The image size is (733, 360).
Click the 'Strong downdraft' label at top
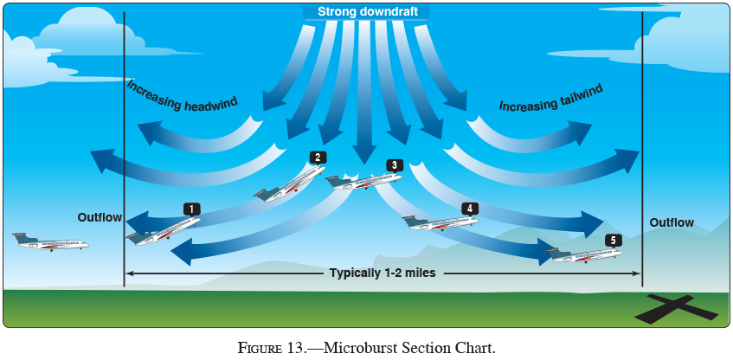click(x=366, y=11)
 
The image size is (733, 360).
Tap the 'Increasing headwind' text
click(x=183, y=97)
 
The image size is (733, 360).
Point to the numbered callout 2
click(x=318, y=157)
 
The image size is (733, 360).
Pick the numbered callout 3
click(x=394, y=164)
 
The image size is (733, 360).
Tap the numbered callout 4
click(x=469, y=209)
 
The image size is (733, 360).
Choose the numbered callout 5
click(x=613, y=240)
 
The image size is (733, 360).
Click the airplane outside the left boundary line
click(x=52, y=242)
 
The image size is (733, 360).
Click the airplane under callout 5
click(x=584, y=254)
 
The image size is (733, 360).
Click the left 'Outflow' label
click(x=100, y=217)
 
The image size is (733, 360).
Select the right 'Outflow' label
click(x=672, y=222)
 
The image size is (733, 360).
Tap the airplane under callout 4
click(x=441, y=222)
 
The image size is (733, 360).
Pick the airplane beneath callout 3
click(x=363, y=181)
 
